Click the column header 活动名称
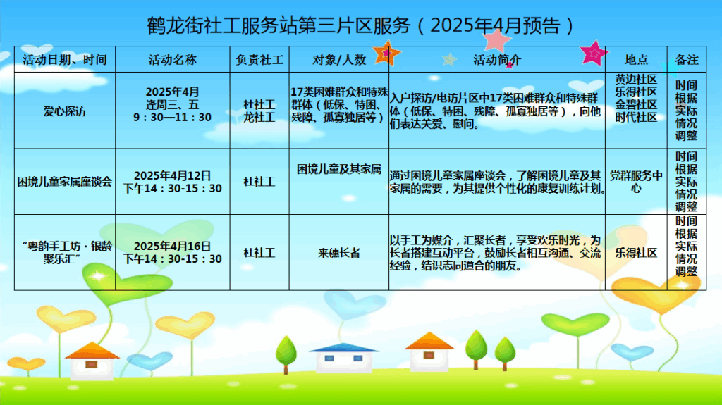pyautogui.click(x=173, y=59)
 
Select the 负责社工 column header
pyautogui.click(x=259, y=59)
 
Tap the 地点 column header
pyautogui.click(x=636, y=59)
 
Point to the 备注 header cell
pyautogui.click(x=687, y=59)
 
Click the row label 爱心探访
pyautogui.click(x=64, y=111)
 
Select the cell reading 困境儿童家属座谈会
pyautogui.click(x=64, y=182)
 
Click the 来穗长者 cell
pyautogui.click(x=339, y=253)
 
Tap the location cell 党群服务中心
pyautogui.click(x=636, y=182)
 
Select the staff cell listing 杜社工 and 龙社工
pyautogui.click(x=259, y=111)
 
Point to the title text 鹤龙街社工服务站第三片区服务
pyautogui.click(x=279, y=26)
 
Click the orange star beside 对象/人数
pyautogui.click(x=386, y=54)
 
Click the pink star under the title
pyautogui.click(x=496, y=39)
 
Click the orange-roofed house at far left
pyautogui.click(x=92, y=361)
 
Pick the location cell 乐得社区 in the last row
pyautogui.click(x=636, y=253)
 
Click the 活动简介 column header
pyautogui.click(x=497, y=59)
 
